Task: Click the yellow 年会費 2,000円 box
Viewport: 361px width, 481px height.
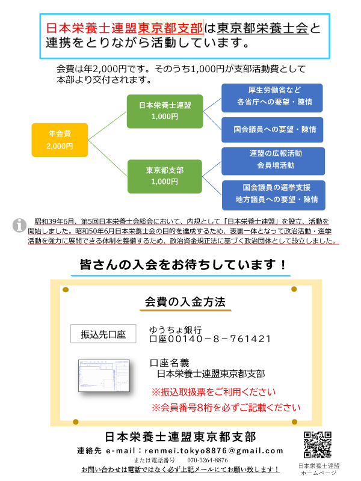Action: pos(60,140)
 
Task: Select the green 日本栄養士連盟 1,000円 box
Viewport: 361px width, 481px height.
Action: pos(165,111)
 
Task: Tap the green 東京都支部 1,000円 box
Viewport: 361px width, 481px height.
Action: pos(165,176)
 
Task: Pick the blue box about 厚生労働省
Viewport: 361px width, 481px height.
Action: pos(272,98)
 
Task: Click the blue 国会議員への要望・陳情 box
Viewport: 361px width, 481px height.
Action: pos(273,130)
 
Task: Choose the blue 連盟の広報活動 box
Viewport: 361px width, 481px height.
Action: pos(273,161)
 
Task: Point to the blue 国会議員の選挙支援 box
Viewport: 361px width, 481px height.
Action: pos(274,195)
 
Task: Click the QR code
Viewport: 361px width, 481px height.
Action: pos(318,445)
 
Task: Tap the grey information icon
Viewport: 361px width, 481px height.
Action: pos(19,225)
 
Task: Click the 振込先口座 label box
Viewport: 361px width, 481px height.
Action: pos(103,334)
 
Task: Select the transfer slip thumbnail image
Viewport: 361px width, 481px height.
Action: pos(104,376)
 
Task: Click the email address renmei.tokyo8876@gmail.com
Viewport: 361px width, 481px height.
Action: pos(214,450)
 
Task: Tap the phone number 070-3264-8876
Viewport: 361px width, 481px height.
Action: pos(208,460)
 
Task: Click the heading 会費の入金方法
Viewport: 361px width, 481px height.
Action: pos(185,302)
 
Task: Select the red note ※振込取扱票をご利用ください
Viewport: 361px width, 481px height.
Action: pos(214,392)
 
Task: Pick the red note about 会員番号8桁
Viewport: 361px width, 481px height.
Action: pos(226,408)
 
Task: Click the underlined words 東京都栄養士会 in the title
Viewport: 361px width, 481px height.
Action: pos(262,28)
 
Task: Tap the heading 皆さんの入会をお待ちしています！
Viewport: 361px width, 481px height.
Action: pos(184,265)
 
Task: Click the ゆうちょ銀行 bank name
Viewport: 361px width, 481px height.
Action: pos(175,329)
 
